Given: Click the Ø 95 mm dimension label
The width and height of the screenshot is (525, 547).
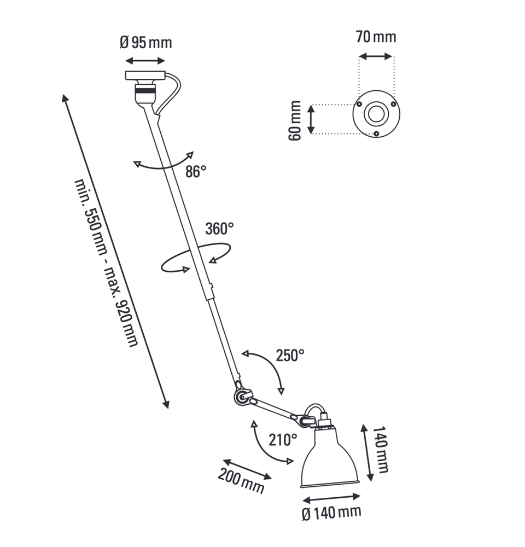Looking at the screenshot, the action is coord(146,43).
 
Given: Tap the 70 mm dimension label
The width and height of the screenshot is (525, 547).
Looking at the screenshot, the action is coord(376,37).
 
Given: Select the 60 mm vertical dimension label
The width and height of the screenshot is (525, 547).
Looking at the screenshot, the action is coord(295,120).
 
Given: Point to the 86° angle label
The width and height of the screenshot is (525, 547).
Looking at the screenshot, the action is coord(196,172).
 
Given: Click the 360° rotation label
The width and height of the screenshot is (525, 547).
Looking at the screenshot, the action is coord(219,229).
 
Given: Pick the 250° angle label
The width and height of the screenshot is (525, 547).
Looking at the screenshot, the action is coord(290,356).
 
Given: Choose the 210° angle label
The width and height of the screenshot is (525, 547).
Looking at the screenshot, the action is coord(283,440).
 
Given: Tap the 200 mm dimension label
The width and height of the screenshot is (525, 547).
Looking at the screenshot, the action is coord(241,481).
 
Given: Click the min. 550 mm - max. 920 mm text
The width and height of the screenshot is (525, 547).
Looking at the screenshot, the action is coord(107,263).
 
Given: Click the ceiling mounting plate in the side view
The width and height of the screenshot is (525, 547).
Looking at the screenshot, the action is coord(145,75).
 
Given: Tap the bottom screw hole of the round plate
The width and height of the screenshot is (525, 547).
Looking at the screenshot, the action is coord(376,133).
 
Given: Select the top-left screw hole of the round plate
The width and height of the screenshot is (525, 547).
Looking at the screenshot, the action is coord(359,104).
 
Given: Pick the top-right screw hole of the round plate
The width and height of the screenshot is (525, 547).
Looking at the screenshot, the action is coord(394,104).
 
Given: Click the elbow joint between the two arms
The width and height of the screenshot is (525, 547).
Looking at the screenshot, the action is coord(241,397).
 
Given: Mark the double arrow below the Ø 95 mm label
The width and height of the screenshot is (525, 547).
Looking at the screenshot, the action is coord(145,61).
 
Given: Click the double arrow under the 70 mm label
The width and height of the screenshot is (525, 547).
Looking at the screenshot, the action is coord(376,56).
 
